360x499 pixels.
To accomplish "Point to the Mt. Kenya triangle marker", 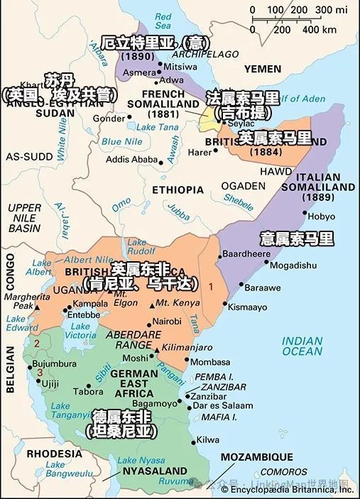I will click(151, 304).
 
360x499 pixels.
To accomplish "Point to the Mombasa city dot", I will click(185, 361).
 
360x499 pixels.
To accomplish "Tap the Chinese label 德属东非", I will click(120, 415).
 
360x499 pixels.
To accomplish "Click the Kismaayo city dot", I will click(224, 305).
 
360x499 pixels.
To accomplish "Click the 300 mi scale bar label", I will click(329, 10).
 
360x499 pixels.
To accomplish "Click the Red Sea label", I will click(163, 21).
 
